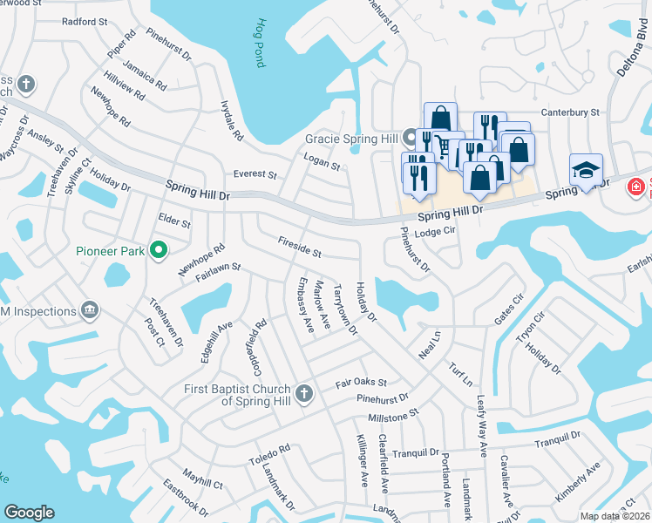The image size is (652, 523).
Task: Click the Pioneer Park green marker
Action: [x=158, y=251]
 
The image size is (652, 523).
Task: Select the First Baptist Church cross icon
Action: [x=303, y=393]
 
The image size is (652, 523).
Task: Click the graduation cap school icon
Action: [x=586, y=170]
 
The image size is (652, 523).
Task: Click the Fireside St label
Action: [x=299, y=247]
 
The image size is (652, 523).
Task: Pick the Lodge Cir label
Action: [x=436, y=232]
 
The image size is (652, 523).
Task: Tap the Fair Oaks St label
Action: [x=361, y=383]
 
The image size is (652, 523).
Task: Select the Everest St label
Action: [x=255, y=174]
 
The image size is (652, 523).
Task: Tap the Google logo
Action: [x=29, y=513]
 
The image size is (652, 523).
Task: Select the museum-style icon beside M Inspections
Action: [x=89, y=309]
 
